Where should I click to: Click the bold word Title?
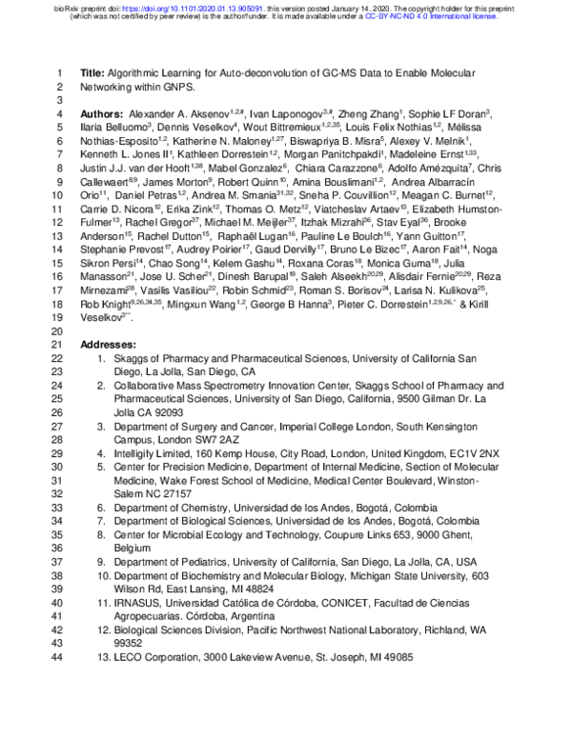(x=92, y=72)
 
